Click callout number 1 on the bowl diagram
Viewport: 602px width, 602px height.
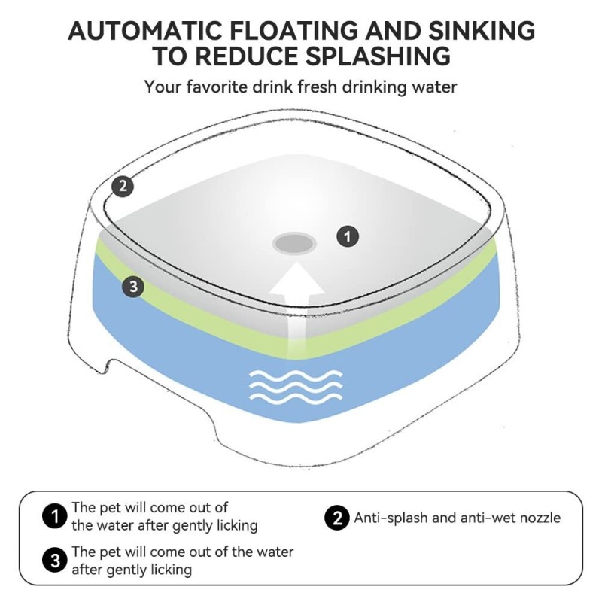point(347,236)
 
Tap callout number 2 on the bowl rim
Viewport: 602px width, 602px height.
point(123,186)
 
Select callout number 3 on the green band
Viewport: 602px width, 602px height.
point(133,287)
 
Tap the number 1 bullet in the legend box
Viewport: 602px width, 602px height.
point(54,516)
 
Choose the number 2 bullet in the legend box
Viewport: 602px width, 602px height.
point(336,518)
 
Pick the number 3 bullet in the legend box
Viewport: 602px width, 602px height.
point(54,561)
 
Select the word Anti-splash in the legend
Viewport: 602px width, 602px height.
point(388,518)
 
